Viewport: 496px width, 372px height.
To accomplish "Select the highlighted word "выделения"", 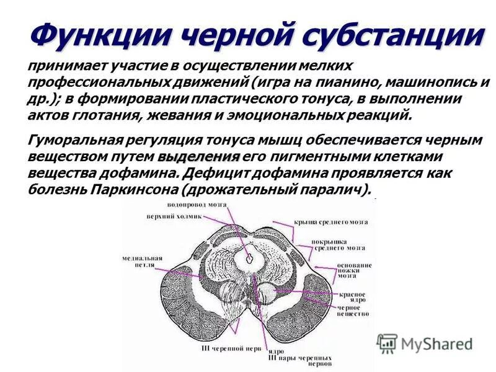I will point(198,156).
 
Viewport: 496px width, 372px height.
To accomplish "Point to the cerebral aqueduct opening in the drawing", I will point(250,254).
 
